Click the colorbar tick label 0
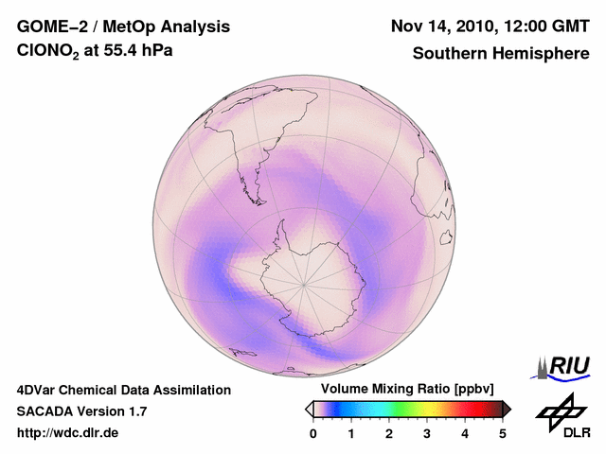point(313,433)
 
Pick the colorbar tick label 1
point(351,433)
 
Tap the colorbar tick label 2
point(389,433)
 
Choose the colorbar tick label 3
point(427,433)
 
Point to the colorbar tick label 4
point(465,433)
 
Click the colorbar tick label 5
point(503,433)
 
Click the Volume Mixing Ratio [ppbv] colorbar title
point(407,390)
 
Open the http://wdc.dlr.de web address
point(68,433)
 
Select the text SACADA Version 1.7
point(81,411)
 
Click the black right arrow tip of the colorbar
point(507,408)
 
